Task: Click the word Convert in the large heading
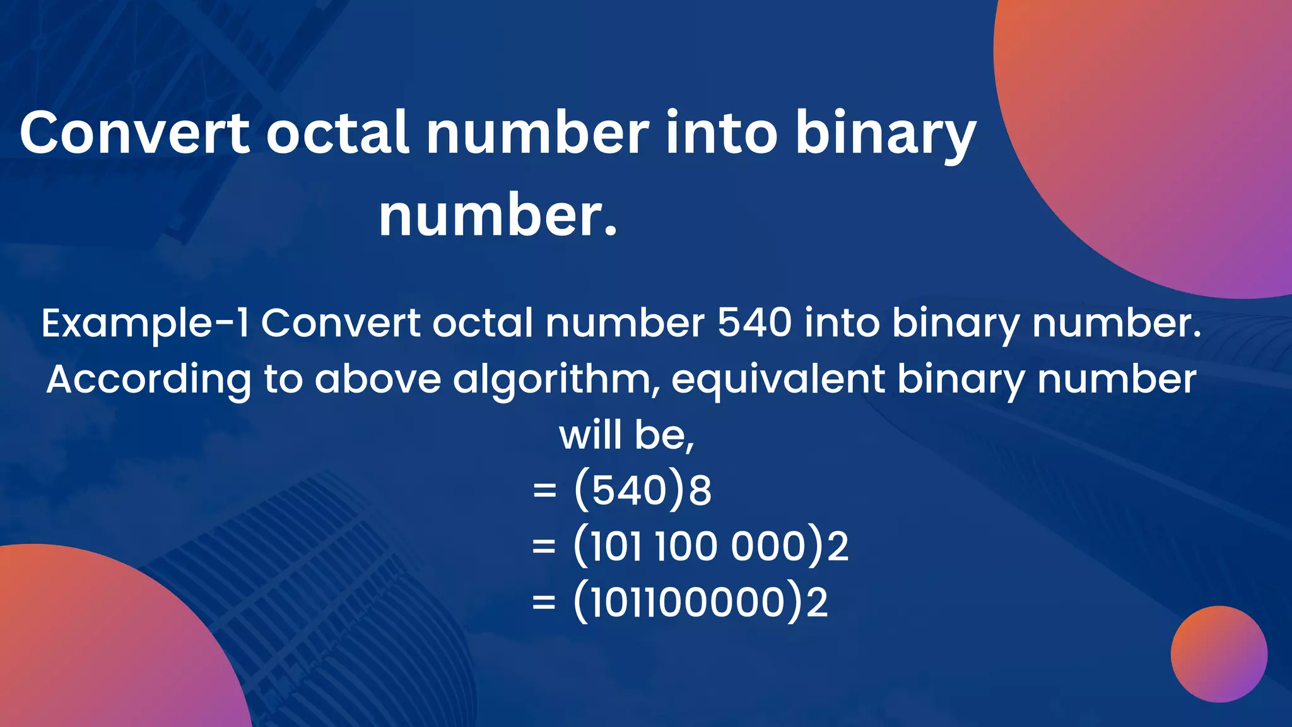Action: pos(134,133)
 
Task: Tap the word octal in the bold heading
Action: pos(337,133)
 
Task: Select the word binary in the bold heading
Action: pos(886,133)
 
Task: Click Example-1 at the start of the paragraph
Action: pos(145,323)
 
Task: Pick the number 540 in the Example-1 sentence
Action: pos(755,323)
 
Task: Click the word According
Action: pos(149,380)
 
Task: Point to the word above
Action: pos(378,380)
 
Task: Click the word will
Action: pos(590,435)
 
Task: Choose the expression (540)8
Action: pos(642,490)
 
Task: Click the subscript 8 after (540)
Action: pos(700,491)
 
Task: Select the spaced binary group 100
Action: pos(686,546)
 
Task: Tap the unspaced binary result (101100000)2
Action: pos(700,602)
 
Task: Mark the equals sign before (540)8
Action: pos(544,490)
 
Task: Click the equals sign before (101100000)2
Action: pos(544,602)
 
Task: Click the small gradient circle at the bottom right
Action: pos(1219,654)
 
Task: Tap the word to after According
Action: pos(283,380)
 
